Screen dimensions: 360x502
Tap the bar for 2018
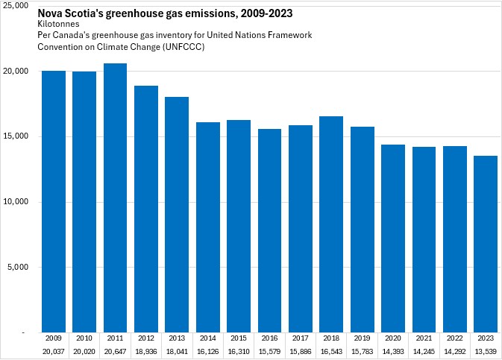coord(331,224)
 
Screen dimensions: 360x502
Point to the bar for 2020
coord(393,238)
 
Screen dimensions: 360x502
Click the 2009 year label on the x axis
coord(53,338)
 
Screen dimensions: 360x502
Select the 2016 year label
coord(269,338)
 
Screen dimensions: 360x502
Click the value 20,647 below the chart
coord(115,350)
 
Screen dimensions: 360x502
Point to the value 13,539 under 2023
coord(486,350)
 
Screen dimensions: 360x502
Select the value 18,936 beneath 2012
coord(145,350)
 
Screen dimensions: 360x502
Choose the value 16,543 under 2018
coord(331,350)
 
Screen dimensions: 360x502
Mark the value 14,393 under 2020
coord(393,350)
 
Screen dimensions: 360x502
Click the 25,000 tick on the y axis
coord(16,6)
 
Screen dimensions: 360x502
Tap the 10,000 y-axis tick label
coord(16,202)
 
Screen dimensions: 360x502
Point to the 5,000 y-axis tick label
coord(18,267)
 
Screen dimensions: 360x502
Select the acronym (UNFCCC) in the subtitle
coord(182,46)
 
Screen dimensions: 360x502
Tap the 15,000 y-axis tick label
coord(16,136)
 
